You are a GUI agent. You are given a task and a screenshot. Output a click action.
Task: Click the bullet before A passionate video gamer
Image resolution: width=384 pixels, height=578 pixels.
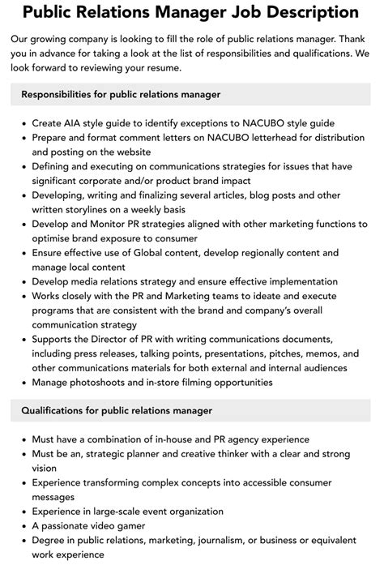click(23, 526)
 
